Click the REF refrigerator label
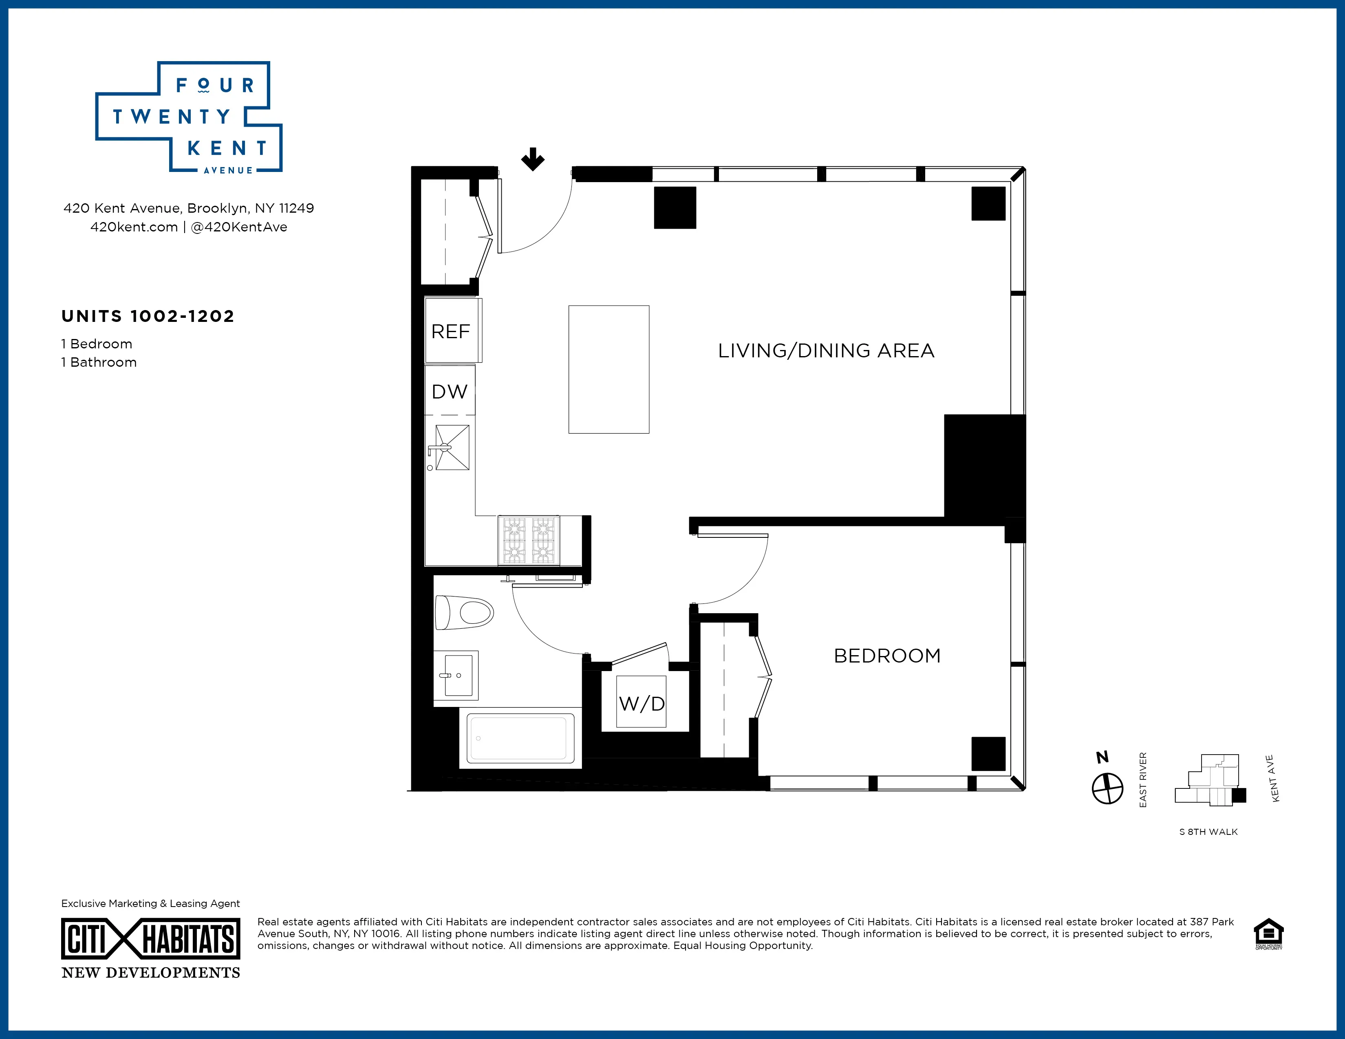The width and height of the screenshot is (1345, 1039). coord(450,332)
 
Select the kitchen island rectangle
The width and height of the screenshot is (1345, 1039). coord(609,369)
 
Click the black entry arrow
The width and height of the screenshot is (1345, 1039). coord(533,159)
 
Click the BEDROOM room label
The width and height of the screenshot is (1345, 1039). coord(887,656)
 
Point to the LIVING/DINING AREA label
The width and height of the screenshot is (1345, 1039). coord(826,351)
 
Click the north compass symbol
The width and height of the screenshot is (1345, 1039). coord(1107,788)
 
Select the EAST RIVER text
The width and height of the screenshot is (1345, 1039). coord(1143,780)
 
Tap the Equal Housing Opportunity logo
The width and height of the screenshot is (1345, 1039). coord(1269,934)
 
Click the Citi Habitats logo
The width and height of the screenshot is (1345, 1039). coord(150,939)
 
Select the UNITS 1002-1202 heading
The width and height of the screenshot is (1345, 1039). coord(148,316)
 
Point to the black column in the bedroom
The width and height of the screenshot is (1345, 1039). coord(988,753)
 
